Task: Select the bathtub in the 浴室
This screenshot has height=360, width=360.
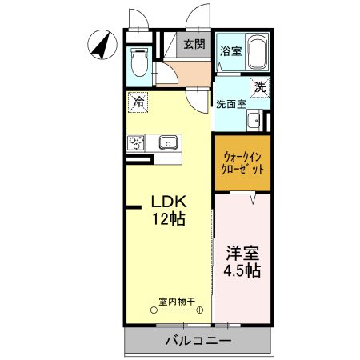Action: tap(256, 54)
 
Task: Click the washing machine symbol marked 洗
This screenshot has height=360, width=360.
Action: tap(259, 87)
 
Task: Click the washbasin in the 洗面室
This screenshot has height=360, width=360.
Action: tap(254, 122)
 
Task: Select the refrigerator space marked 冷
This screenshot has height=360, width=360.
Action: tap(138, 102)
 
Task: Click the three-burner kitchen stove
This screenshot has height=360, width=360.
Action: tap(136, 143)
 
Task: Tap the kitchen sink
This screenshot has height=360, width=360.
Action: tap(168, 143)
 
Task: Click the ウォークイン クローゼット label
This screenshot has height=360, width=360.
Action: tap(242, 163)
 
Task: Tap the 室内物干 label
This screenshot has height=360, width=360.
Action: tap(177, 301)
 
